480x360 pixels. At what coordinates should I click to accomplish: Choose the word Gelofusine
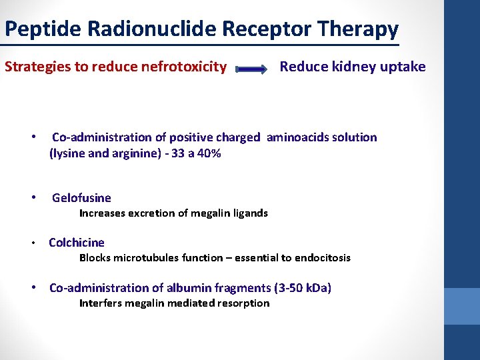[81, 198]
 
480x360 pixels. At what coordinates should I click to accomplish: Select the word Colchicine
[77, 243]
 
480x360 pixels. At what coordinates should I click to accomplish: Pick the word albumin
[196, 288]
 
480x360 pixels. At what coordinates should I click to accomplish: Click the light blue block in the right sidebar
[461, 306]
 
